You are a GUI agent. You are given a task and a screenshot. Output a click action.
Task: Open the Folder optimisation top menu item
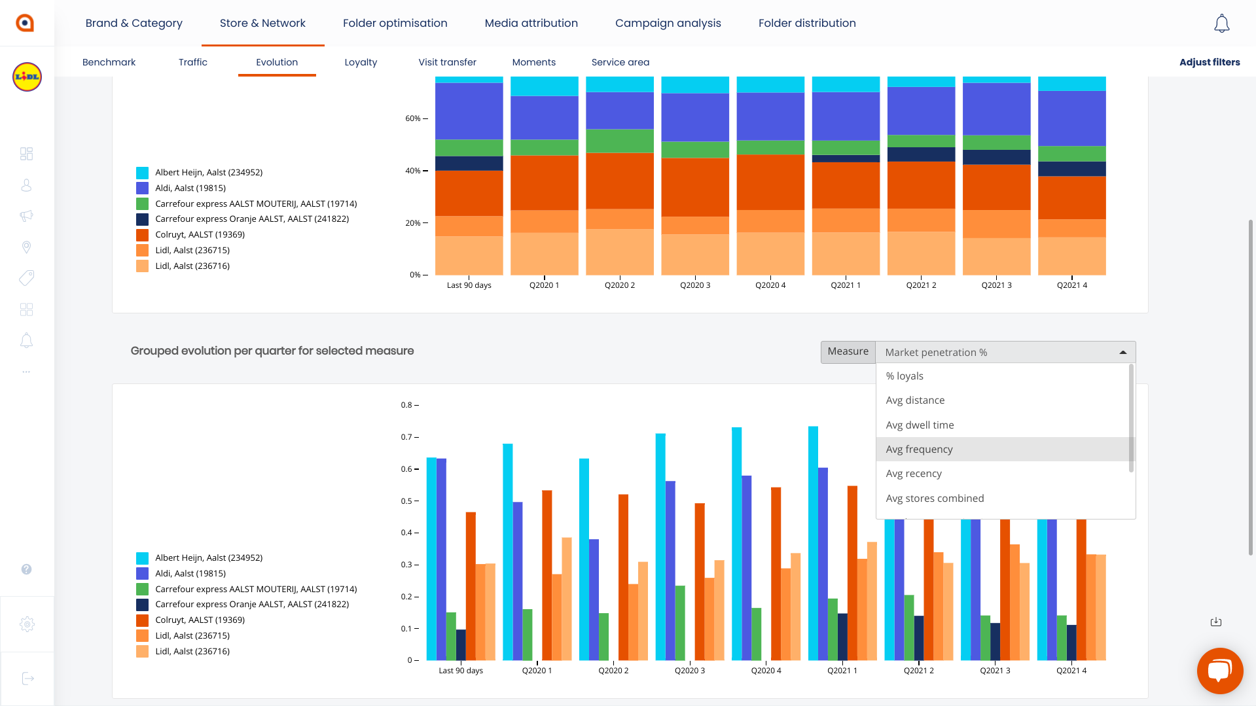[395, 23]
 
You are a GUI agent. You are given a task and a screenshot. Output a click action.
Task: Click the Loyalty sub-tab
[361, 62]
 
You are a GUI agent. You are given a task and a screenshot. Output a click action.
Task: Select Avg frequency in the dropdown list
[919, 449]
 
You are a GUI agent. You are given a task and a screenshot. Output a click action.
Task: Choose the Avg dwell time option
[920, 425]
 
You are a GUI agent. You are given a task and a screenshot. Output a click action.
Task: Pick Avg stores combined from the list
[935, 498]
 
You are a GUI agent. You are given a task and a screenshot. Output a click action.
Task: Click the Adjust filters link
[1209, 62]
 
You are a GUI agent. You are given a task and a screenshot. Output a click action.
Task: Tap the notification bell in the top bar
[1221, 24]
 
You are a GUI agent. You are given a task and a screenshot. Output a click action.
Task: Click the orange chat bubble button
[1219, 671]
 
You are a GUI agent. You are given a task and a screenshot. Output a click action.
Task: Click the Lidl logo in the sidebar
[27, 77]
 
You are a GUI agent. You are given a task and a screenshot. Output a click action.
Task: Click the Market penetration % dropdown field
[1005, 352]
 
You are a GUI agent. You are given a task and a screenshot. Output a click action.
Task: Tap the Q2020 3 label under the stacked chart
[694, 285]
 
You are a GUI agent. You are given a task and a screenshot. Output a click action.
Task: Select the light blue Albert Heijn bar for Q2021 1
[813, 543]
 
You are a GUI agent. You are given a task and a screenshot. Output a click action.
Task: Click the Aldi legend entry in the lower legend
[190, 573]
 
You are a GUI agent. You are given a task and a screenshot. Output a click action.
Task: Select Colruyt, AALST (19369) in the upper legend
[200, 234]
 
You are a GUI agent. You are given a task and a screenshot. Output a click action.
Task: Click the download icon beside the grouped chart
[1215, 622]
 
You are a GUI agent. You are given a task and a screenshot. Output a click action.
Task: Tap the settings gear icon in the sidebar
[27, 624]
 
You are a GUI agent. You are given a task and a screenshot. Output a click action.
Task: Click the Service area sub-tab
[620, 62]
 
